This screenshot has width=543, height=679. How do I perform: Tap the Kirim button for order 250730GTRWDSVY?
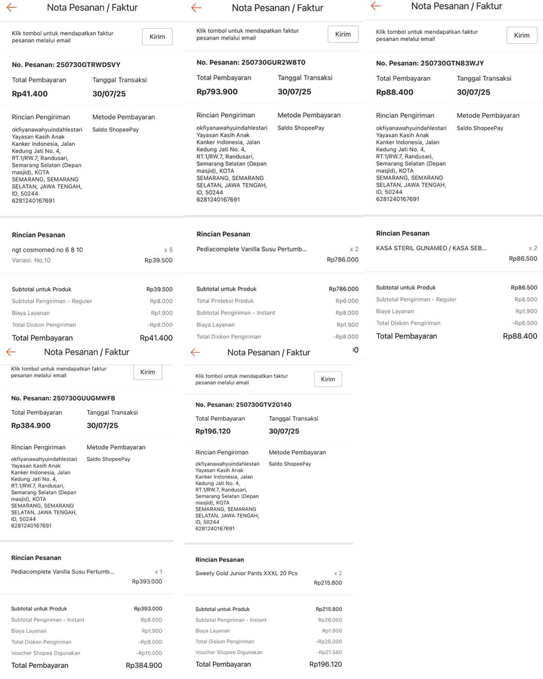point(157,37)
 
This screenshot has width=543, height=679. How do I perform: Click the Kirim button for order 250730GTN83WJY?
point(521,35)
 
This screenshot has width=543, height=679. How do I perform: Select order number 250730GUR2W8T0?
point(251,63)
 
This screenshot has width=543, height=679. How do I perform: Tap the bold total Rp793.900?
point(217,92)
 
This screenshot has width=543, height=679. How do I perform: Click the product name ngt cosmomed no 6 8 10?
point(47,250)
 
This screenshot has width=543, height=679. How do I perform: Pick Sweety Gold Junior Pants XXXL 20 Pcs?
point(246,573)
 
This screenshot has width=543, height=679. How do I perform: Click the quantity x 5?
point(168,250)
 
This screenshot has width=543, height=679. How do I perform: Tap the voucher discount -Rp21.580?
point(329,652)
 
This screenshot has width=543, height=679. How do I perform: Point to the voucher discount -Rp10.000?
point(149,653)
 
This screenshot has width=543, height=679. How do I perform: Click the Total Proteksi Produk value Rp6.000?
point(347,301)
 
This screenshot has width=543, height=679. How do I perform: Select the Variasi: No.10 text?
point(31,260)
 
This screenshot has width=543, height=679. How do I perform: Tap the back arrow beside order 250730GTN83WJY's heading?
point(376,6)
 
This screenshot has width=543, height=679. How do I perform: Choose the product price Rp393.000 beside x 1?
point(147,581)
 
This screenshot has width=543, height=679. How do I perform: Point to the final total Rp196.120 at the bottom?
point(326,664)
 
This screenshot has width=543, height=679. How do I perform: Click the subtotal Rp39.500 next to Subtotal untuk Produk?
point(159,290)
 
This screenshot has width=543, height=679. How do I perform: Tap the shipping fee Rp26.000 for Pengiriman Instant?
point(330,620)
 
